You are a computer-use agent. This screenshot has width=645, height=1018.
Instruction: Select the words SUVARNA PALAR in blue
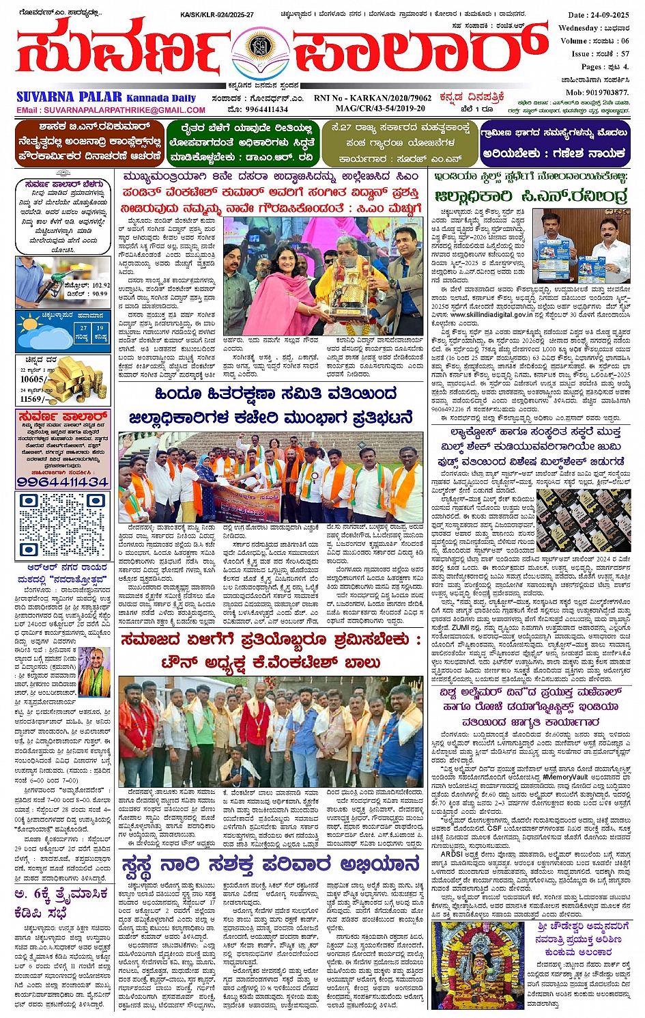69,97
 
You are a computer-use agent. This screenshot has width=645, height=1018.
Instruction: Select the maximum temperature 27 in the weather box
83,328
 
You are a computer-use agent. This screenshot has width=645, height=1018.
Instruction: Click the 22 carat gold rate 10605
33,379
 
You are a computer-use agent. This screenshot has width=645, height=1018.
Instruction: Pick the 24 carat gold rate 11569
34,399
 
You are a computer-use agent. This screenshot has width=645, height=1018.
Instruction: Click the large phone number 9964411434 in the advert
63,482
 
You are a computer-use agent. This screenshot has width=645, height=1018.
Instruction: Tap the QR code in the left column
62,524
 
